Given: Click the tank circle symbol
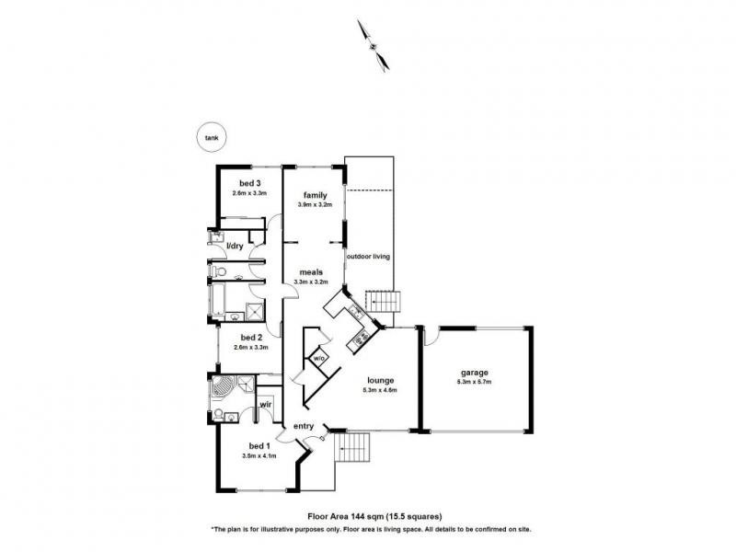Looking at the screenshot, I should tap(213, 137).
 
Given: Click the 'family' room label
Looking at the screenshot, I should tap(316, 195).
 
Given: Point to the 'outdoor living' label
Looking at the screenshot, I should tap(368, 257).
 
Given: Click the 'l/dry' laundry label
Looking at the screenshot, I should tap(235, 246).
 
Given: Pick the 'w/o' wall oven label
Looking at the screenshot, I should tap(319, 357).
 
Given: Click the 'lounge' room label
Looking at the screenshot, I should tap(380, 380).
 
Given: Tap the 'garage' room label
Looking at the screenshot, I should tap(475, 372).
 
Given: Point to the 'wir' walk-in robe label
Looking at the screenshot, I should tap(264, 404).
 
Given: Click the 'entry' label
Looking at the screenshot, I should tap(305, 426).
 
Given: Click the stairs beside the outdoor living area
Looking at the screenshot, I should tap(385, 301).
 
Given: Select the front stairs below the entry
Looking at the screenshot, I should tap(354, 448).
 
